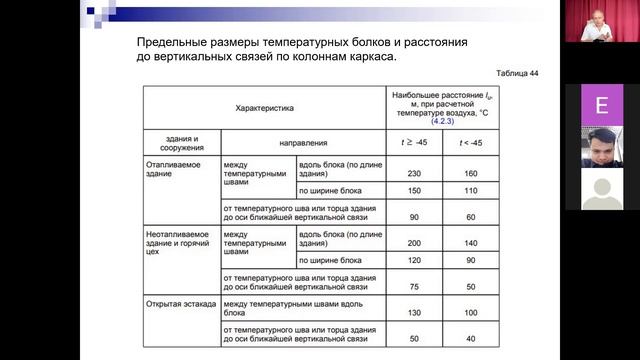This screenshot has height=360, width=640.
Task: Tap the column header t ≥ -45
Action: tap(413, 143)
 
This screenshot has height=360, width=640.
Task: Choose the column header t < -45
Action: tap(471, 143)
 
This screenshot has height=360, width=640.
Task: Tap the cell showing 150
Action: tap(413, 189)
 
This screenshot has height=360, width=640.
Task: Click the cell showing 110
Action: tap(471, 189)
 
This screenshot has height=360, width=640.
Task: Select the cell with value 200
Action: tap(413, 242)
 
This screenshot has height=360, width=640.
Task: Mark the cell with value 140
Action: tap(471, 242)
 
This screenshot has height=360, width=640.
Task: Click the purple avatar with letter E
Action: tap(601, 105)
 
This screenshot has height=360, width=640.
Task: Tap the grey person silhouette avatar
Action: tap(601, 188)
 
